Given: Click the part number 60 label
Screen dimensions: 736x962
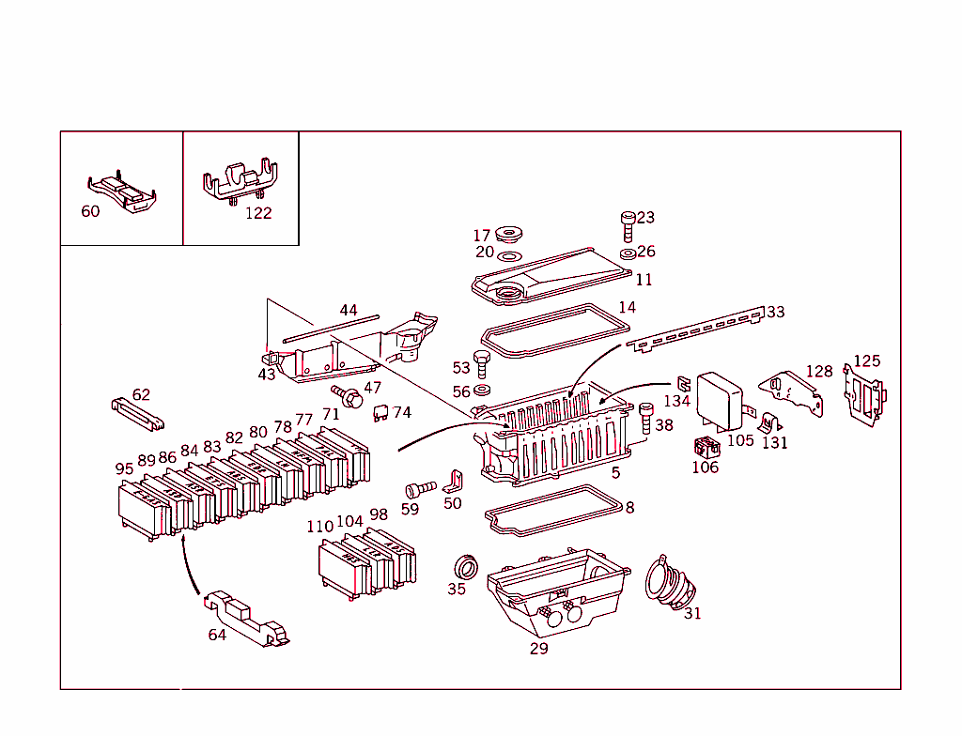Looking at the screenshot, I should (90, 211).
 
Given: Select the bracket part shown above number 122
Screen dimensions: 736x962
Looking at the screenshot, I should (240, 181).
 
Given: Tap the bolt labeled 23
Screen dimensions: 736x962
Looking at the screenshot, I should (628, 224).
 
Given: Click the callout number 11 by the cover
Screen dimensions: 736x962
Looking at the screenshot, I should (644, 280).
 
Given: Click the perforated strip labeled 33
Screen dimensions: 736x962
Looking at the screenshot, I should (695, 329).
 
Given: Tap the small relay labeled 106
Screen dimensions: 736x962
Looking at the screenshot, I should (705, 448).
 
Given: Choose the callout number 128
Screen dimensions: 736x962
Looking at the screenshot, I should (819, 372).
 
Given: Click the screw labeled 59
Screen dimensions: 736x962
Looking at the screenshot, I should (419, 489).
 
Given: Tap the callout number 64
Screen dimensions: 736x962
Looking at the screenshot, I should (217, 635).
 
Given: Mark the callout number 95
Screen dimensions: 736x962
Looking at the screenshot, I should (124, 468).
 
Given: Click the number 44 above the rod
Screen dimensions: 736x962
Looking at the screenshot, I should (349, 310).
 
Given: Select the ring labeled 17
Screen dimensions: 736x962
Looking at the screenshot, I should (510, 232).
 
